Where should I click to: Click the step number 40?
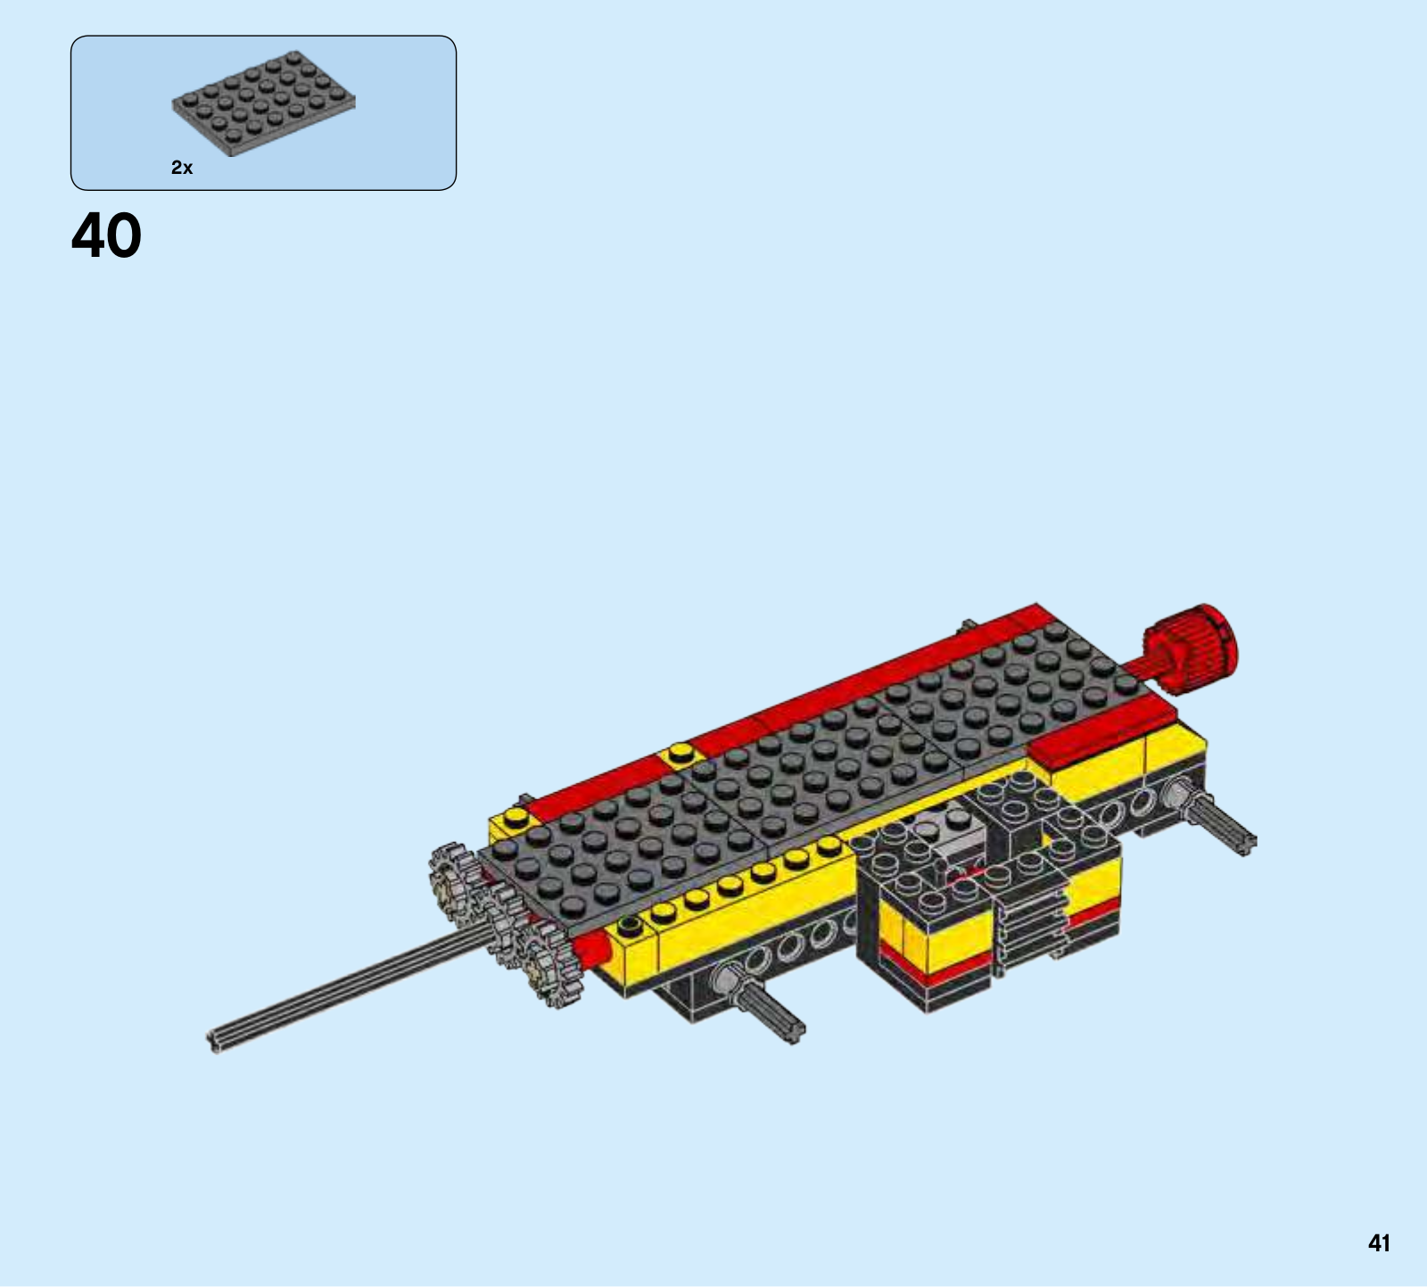(106, 236)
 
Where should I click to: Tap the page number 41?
(1379, 1243)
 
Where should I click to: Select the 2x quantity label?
(182, 168)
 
